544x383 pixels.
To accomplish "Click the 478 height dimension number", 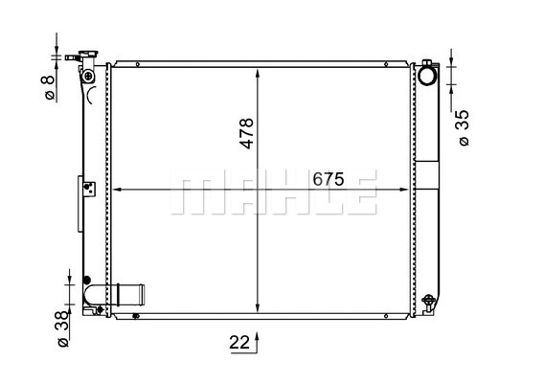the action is coord(247,133).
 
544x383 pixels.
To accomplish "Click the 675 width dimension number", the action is coord(329,179).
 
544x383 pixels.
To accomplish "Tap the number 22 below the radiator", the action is coord(239,343).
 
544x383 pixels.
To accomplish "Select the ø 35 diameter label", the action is coord(464,128).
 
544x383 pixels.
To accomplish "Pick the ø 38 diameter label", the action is coord(63,328).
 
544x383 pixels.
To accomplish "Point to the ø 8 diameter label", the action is coord(49,88).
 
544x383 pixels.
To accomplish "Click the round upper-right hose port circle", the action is coord(427,76).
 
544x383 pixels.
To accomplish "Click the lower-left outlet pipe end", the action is coord(141,295).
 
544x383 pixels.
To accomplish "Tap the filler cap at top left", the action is coord(88,55).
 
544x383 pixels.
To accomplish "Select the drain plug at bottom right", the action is coord(428,303).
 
